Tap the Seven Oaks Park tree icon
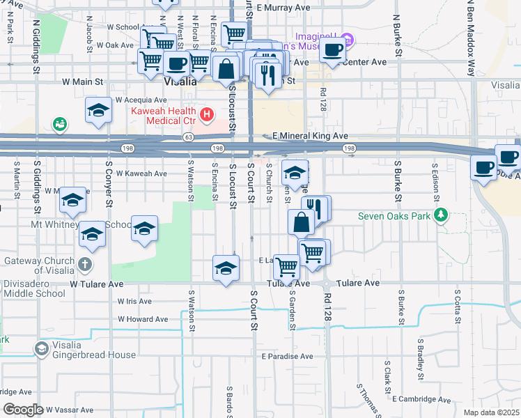click(x=440, y=215)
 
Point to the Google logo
click(x=23, y=410)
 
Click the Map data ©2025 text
click(x=491, y=412)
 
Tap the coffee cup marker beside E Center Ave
click(x=334, y=51)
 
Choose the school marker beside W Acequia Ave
click(x=99, y=110)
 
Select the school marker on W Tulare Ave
click(x=226, y=268)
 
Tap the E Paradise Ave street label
click(x=289, y=356)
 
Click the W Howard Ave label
click(x=143, y=319)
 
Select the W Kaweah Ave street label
click(x=141, y=173)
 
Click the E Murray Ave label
click(x=283, y=8)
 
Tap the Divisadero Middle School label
click(x=33, y=293)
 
